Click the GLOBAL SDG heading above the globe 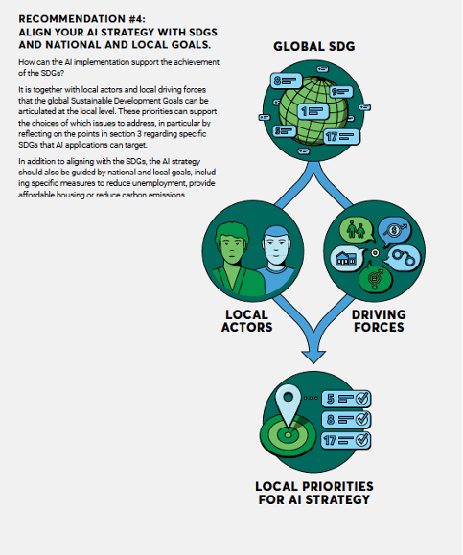[314, 46]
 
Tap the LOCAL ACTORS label [247, 321]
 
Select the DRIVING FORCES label [379, 321]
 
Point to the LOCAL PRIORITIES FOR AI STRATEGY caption [314, 493]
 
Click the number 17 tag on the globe [341, 137]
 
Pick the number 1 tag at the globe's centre [313, 111]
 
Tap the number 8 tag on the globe [287, 81]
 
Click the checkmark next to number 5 [361, 399]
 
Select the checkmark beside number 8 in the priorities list [361, 420]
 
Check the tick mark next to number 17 [361, 440]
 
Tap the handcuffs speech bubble [402, 258]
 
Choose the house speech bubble [348, 259]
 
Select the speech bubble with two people [357, 230]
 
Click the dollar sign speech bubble [395, 231]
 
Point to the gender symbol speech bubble [375, 278]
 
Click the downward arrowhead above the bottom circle [313, 356]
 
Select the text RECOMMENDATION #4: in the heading [81, 19]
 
